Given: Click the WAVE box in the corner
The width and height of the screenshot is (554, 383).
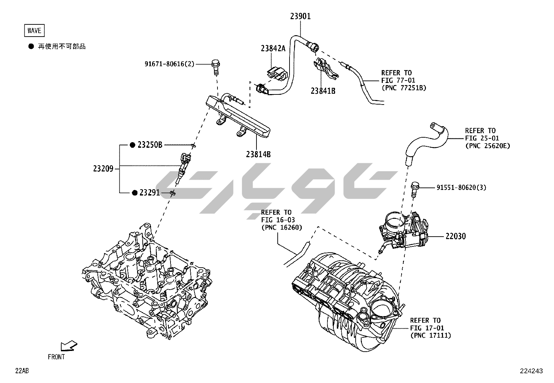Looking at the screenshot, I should click(x=34, y=31).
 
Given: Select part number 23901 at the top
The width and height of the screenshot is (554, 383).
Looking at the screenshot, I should click(x=300, y=16).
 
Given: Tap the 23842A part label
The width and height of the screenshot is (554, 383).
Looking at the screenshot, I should click(x=273, y=48).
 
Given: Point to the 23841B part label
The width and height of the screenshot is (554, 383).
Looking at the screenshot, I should click(x=323, y=91).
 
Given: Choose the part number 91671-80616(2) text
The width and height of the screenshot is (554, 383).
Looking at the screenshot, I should click(x=169, y=64).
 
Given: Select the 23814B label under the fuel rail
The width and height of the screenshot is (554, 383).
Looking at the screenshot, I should click(x=258, y=154).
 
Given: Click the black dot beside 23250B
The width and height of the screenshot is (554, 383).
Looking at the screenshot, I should click(x=132, y=145).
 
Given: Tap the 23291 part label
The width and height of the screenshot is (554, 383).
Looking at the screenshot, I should click(x=149, y=192).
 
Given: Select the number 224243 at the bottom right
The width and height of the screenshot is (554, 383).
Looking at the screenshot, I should click(x=531, y=371).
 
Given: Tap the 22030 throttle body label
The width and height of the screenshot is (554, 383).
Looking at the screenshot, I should click(x=456, y=236).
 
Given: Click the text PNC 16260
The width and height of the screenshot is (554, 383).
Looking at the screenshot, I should click(x=282, y=228).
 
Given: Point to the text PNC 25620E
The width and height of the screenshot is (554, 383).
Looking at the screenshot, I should click(x=488, y=146).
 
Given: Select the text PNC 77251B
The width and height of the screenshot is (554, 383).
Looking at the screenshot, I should click(x=404, y=88).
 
